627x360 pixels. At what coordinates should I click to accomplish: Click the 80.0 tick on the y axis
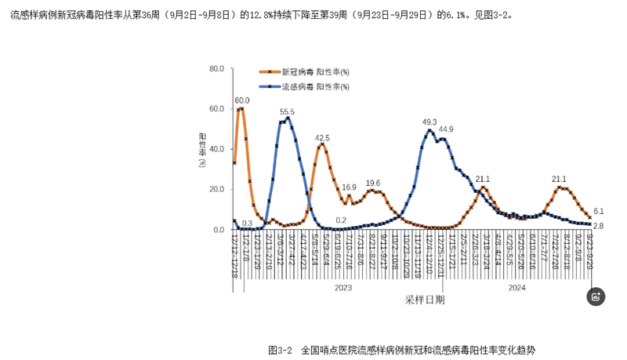tap(214, 69)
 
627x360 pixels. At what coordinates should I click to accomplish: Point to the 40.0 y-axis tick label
tap(214, 149)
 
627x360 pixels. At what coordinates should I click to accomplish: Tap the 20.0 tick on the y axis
tap(214, 189)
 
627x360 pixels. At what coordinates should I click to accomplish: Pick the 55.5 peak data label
tap(287, 112)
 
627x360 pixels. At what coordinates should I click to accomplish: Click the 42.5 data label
tap(322, 137)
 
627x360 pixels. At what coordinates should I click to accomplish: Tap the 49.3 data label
tap(429, 122)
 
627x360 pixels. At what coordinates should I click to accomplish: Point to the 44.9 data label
tap(446, 129)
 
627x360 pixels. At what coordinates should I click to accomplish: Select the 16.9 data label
tap(349, 187)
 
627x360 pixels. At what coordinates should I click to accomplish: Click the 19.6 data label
tap(373, 182)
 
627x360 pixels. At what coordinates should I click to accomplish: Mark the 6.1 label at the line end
tap(598, 211)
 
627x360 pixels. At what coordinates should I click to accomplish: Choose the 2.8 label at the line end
tap(598, 226)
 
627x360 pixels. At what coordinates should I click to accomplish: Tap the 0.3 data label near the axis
tap(247, 223)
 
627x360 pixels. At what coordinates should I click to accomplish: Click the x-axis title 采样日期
tap(424, 299)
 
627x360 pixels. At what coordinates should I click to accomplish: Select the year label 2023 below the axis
tap(343, 288)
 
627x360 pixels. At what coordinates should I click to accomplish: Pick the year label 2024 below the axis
tap(516, 288)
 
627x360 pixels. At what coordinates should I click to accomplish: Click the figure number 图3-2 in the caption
tap(280, 349)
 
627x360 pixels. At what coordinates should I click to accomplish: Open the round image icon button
tap(596, 296)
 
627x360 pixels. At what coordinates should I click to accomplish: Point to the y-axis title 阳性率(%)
tap(202, 149)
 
